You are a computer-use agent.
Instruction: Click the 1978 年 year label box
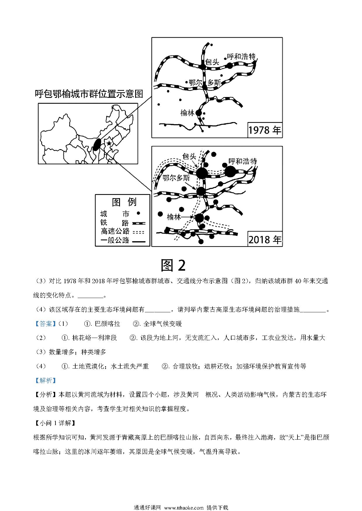265,130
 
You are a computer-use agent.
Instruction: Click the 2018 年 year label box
265,239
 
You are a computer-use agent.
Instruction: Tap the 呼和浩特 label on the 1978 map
241,57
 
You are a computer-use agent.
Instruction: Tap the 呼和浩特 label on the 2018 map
243,161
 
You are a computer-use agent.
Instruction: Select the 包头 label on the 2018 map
189,156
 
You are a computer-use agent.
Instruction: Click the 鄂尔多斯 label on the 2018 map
176,178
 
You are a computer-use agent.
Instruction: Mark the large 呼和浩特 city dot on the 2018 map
230,172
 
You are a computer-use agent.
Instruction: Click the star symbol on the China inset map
109,143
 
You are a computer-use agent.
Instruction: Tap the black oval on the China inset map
97,144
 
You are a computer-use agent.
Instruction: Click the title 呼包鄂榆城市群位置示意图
89,94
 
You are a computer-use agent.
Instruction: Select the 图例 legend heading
124,202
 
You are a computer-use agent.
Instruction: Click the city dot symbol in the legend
138,214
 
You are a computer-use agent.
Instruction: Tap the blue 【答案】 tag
43,324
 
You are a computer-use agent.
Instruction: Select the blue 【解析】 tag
43,380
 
